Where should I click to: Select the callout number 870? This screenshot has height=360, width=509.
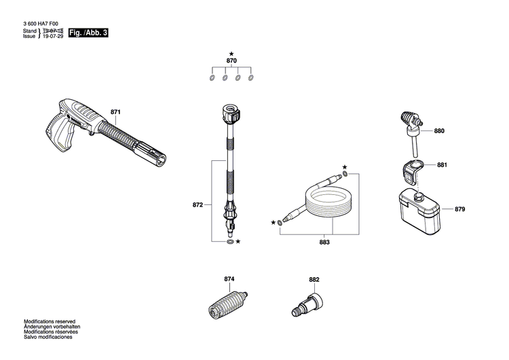coord(231,61)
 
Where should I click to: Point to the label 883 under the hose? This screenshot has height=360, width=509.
coord(324,242)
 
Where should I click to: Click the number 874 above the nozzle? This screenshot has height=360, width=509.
coord(229,279)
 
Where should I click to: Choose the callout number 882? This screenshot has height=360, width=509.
coord(314,279)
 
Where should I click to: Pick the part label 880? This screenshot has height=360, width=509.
coord(439,131)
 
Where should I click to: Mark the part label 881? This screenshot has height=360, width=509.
coord(442,165)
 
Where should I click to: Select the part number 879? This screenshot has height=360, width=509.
coord(459,209)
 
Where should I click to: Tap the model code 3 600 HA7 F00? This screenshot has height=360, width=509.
coord(41,24)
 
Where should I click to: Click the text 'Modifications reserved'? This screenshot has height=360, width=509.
coord(50,321)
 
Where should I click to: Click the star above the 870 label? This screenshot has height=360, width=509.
coord(231,53)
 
